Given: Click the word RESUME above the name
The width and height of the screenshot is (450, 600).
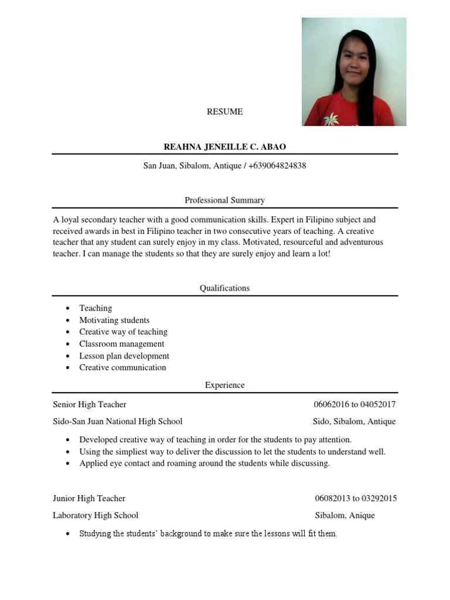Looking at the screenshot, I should (224, 111).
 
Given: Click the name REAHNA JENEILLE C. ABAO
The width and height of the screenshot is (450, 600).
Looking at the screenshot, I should (224, 146).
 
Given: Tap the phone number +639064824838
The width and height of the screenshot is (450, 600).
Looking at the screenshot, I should (277, 166).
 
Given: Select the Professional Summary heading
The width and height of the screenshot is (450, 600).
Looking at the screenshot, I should (224, 200).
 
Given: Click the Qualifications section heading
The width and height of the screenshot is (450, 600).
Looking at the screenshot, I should (224, 288).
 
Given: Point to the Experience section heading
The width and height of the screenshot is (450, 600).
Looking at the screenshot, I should (224, 385).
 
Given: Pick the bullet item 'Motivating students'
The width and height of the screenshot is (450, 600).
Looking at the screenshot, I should (114, 320).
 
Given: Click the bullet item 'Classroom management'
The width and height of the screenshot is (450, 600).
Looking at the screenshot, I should (121, 344).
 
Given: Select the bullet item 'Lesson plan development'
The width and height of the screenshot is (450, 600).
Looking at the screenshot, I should (124, 356).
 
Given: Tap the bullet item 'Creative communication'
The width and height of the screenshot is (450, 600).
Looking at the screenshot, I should (122, 367).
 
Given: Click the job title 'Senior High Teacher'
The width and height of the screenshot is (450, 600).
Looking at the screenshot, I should (90, 404).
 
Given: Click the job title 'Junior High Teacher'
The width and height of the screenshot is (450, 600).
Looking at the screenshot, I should (89, 498).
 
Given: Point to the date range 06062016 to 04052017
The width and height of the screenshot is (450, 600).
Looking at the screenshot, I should (354, 404).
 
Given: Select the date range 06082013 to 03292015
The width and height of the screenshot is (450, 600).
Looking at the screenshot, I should (355, 498).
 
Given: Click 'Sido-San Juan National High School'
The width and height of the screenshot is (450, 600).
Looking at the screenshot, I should (117, 421).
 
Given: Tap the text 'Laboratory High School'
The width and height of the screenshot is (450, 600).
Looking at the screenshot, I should (96, 515).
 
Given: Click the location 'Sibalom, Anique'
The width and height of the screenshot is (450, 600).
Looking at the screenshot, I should (345, 515).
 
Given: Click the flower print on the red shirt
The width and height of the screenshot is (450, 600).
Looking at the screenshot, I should (331, 118).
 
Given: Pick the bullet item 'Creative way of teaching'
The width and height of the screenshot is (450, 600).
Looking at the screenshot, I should (123, 332).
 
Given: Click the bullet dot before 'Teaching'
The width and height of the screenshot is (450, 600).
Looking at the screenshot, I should (68, 308).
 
